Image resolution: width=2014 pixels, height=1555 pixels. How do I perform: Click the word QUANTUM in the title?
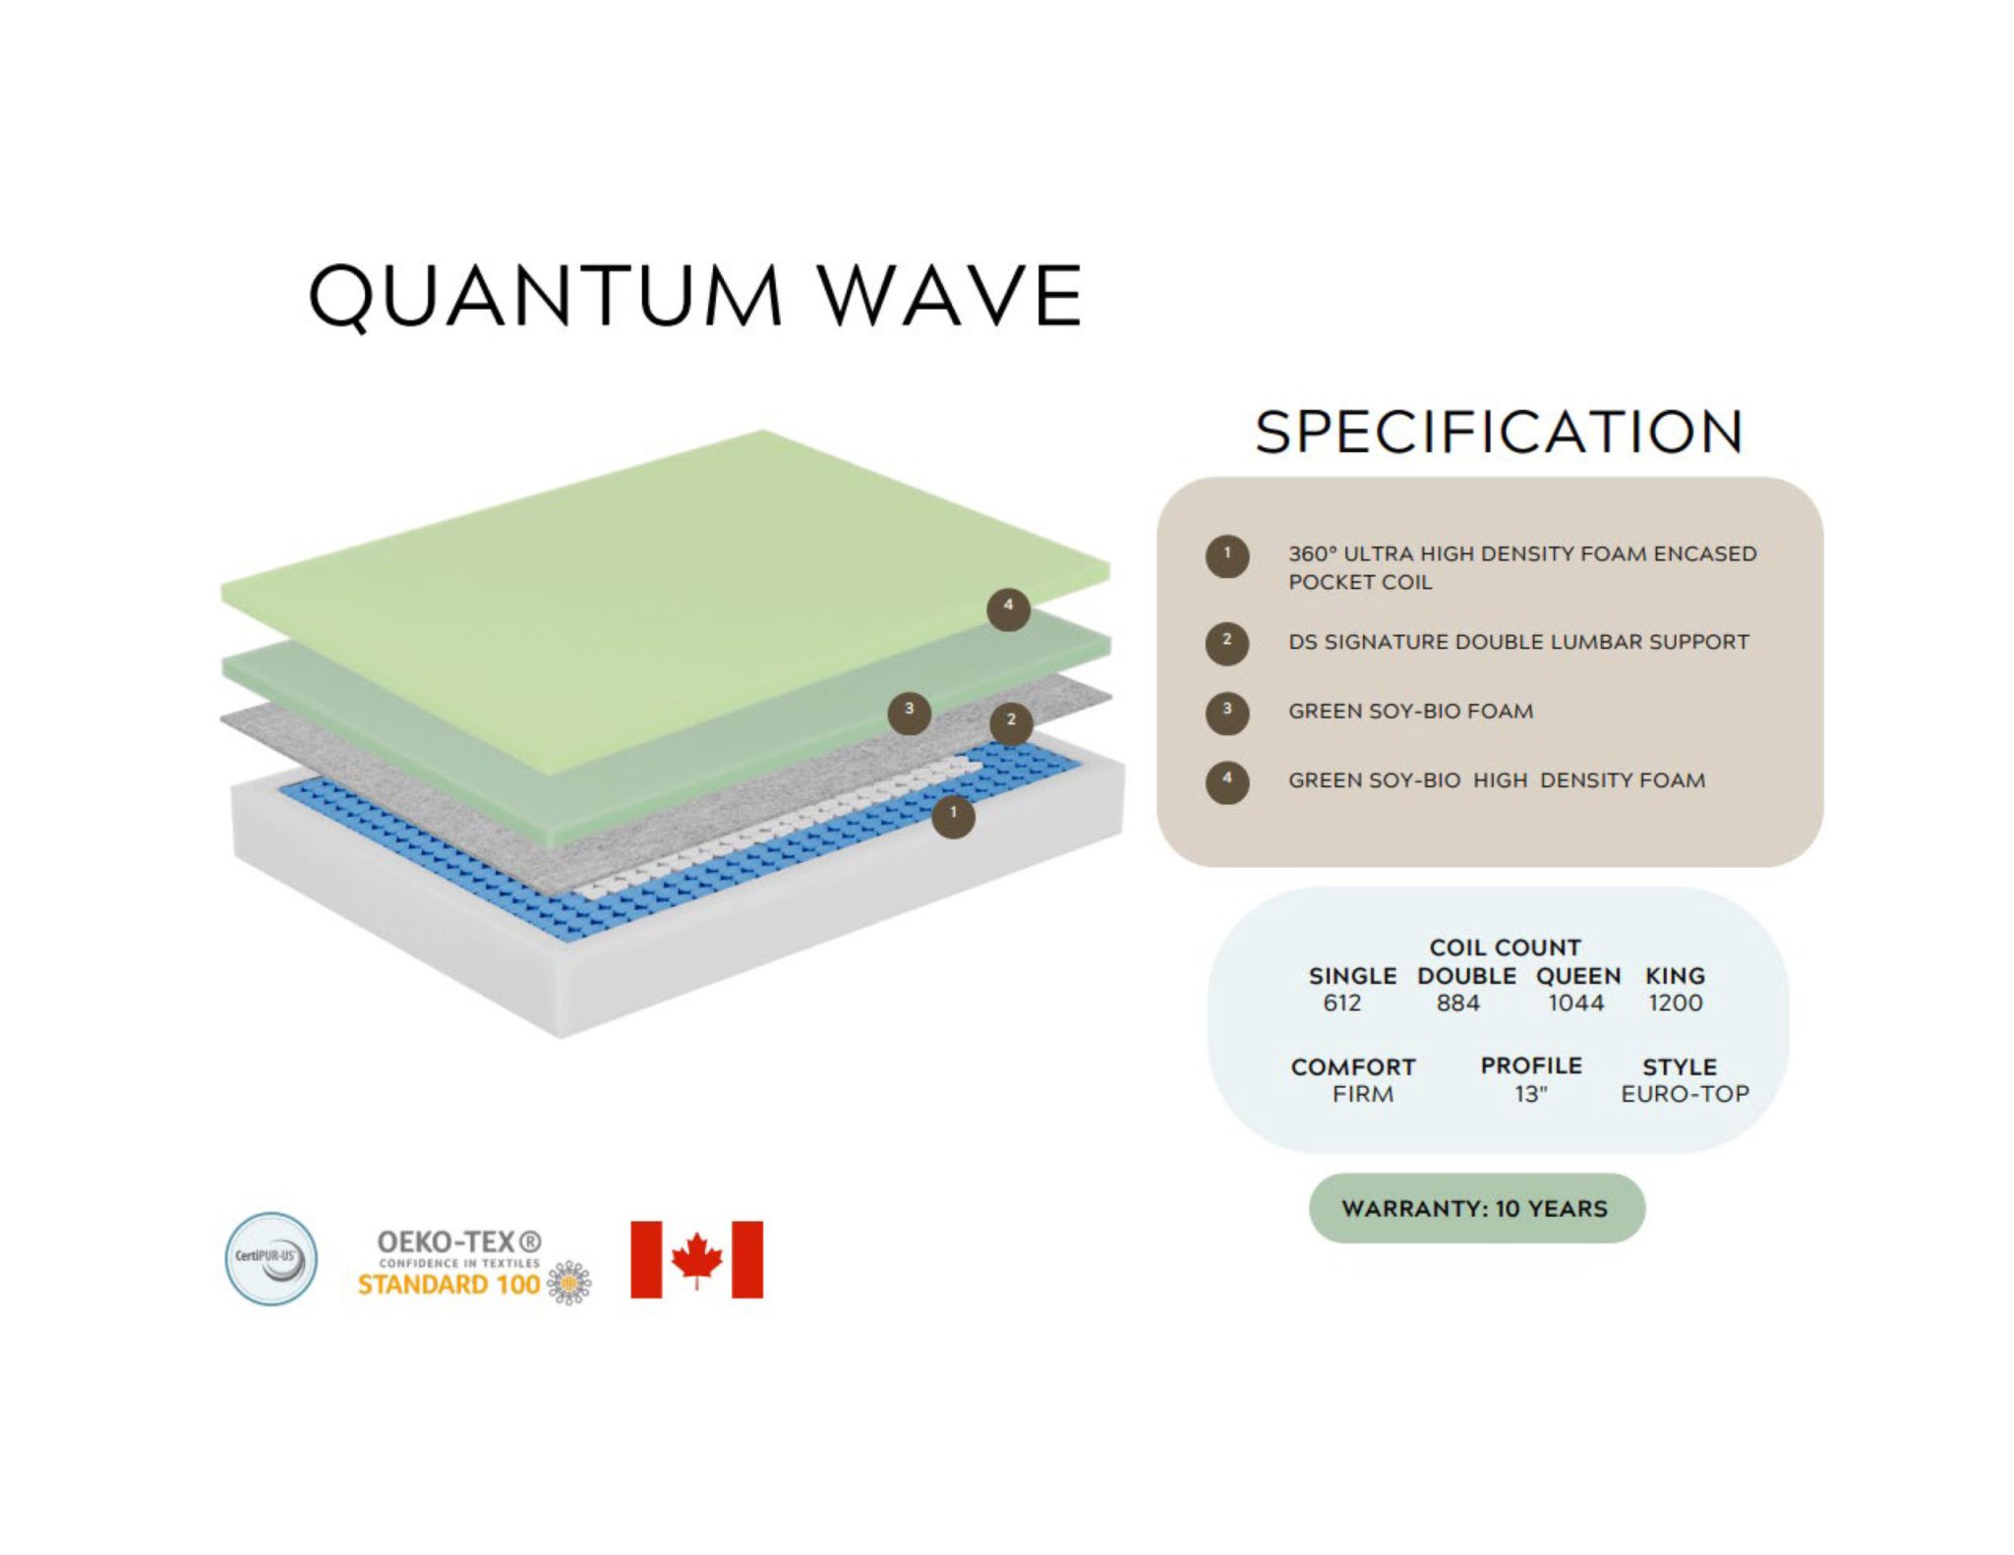point(546,296)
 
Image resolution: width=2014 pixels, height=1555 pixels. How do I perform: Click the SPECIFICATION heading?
point(1500,432)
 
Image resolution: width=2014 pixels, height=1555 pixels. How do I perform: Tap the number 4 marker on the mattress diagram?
point(1008,609)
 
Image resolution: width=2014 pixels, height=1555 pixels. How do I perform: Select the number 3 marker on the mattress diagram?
point(910,712)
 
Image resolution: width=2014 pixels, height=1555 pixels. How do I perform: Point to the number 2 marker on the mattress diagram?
point(1011,723)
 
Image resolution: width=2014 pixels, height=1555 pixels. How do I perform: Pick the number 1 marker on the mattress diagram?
point(953,816)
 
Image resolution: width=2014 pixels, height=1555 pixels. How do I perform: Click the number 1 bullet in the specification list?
point(1227,556)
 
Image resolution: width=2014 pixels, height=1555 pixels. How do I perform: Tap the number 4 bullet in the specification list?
point(1227,782)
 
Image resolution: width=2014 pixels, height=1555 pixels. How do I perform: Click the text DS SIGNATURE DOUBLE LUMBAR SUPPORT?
point(1518,642)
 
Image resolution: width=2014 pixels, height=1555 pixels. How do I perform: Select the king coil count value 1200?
point(1676,1003)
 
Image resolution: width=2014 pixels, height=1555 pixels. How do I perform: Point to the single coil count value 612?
point(1342,1003)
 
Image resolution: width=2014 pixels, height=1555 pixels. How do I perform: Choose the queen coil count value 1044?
point(1575,1003)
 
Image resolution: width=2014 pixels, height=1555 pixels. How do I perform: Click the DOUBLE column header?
point(1466,976)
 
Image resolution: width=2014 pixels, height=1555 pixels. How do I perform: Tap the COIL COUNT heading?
point(1505,948)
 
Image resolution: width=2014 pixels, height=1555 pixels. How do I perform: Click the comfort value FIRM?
point(1363,1094)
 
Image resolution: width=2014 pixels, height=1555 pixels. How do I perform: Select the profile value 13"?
point(1531,1094)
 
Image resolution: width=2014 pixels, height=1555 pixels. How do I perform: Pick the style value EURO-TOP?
point(1686,1094)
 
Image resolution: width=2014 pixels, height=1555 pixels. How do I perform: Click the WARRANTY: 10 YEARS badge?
point(1476,1208)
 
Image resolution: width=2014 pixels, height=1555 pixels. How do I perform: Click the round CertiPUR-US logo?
point(271,1258)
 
